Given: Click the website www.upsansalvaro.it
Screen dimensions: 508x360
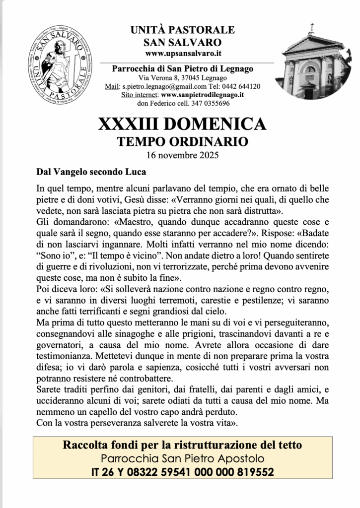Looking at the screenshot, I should point(183,52).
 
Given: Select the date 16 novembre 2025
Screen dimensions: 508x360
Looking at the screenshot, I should point(182,155).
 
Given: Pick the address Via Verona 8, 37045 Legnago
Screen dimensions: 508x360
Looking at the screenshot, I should point(183,78).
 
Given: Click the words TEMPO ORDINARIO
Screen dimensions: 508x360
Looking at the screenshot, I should point(182,142).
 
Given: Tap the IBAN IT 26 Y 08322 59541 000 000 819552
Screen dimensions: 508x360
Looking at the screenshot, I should point(182,472).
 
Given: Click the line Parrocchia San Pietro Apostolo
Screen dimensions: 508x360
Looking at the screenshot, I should point(182,458).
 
